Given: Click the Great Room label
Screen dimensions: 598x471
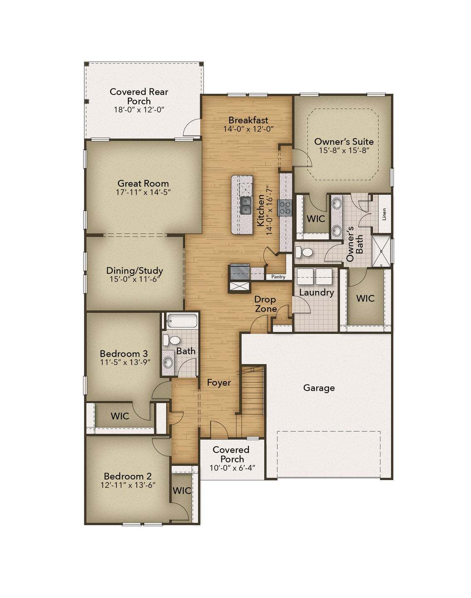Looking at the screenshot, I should [143, 183].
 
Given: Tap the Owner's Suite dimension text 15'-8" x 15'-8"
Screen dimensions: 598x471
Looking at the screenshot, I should [344, 150].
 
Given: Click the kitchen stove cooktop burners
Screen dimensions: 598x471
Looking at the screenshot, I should [285, 207].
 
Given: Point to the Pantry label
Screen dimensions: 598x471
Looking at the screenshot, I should [278, 277].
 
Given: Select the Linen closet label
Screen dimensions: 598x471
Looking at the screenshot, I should [384, 214].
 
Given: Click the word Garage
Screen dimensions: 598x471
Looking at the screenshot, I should [319, 388].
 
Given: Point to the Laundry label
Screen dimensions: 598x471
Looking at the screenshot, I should [316, 293].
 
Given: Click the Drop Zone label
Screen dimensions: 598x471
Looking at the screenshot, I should [265, 304].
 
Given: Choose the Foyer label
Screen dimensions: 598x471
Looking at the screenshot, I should [219, 383].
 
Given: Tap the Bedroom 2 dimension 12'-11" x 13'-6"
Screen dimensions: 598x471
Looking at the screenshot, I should [128, 485].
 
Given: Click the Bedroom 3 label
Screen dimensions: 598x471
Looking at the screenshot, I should [124, 354].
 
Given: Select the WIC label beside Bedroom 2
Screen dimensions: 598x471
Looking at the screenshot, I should [182, 490].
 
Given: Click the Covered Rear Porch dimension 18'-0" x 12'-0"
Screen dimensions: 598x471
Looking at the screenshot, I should [139, 110].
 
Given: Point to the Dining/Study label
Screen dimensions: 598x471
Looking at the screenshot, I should [135, 271].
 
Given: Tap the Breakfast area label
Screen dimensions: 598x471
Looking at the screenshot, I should [248, 120].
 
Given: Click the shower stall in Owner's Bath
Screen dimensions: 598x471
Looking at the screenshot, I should [381, 251].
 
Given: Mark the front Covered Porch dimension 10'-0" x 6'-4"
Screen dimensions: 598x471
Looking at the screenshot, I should [232, 468].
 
